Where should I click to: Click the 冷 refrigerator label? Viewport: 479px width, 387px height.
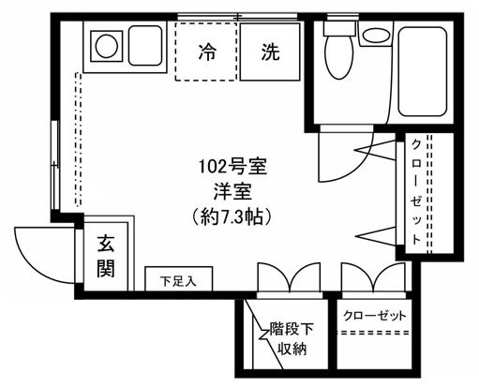point(206,52)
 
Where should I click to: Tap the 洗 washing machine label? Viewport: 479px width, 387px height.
point(270,52)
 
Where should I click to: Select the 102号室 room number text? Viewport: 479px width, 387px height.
point(234,169)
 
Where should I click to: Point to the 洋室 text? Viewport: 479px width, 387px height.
point(234,192)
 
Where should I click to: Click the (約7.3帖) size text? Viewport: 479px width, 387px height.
point(234,216)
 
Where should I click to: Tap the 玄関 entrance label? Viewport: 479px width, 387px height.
point(106,257)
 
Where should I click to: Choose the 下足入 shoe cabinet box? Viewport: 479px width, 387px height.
point(178,280)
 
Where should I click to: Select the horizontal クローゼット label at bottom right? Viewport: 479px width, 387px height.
point(376,315)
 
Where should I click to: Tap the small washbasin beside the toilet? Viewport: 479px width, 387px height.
point(377,36)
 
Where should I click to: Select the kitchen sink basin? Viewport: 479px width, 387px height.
point(146,43)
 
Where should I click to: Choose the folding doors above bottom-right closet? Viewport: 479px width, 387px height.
point(371,278)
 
